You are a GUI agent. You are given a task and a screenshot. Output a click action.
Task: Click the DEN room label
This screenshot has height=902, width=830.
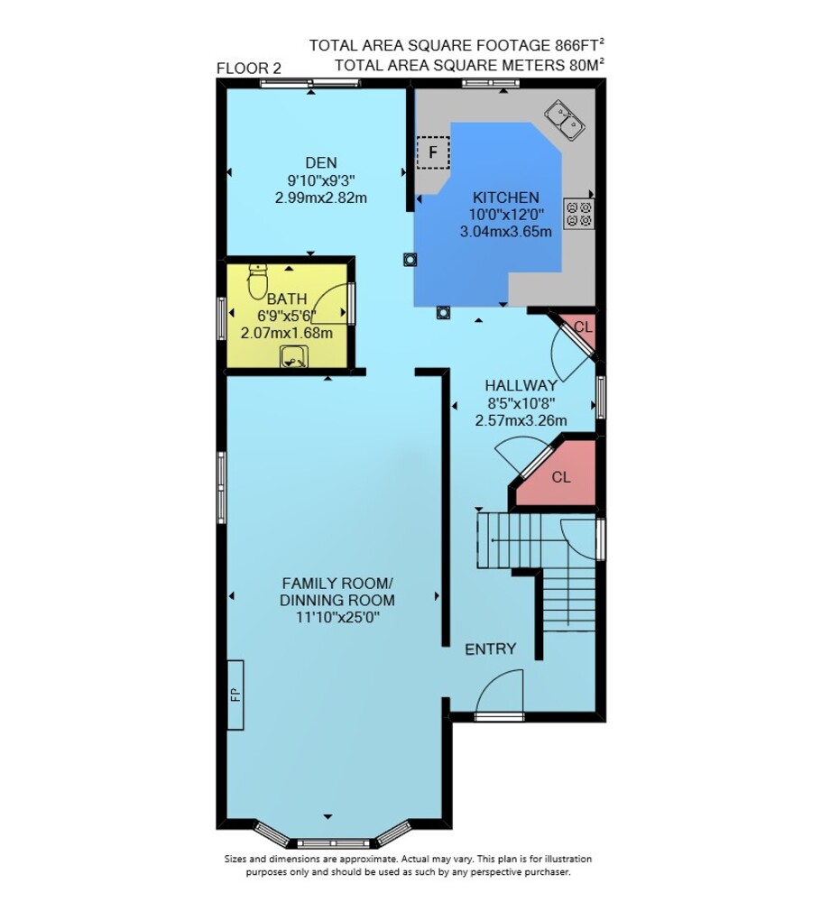tap(321, 162)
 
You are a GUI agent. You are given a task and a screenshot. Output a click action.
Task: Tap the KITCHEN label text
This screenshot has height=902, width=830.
tap(505, 198)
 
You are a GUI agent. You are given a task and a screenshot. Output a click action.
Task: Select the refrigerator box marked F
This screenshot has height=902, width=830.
tap(432, 152)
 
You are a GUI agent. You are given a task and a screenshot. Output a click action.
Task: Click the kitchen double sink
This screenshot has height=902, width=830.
tap(565, 120)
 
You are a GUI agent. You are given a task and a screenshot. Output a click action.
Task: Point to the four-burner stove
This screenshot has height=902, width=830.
tap(578, 214)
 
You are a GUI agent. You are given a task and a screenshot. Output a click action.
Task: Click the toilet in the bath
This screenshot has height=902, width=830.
tap(257, 281)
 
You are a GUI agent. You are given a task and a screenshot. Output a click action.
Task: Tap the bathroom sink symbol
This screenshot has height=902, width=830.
tap(294, 356)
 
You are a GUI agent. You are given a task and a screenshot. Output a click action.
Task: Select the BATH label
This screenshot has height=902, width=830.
tap(287, 299)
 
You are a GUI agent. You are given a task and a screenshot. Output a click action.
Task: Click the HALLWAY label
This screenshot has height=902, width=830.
tap(521, 385)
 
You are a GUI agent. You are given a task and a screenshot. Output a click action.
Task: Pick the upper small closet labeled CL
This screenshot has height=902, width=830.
tap(583, 327)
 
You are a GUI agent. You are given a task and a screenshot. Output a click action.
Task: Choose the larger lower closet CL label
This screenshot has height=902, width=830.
tap(561, 477)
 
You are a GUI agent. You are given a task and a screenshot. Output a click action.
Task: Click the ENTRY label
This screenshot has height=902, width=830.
tap(490, 649)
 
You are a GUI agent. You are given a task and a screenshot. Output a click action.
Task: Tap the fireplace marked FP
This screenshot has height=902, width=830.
tap(235, 695)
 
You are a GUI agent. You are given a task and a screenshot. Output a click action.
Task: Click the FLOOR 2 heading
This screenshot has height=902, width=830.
tap(248, 69)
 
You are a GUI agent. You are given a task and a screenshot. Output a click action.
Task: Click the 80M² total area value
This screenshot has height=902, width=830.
tap(586, 64)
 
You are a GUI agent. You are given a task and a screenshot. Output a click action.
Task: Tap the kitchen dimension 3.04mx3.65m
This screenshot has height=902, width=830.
tap(505, 232)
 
